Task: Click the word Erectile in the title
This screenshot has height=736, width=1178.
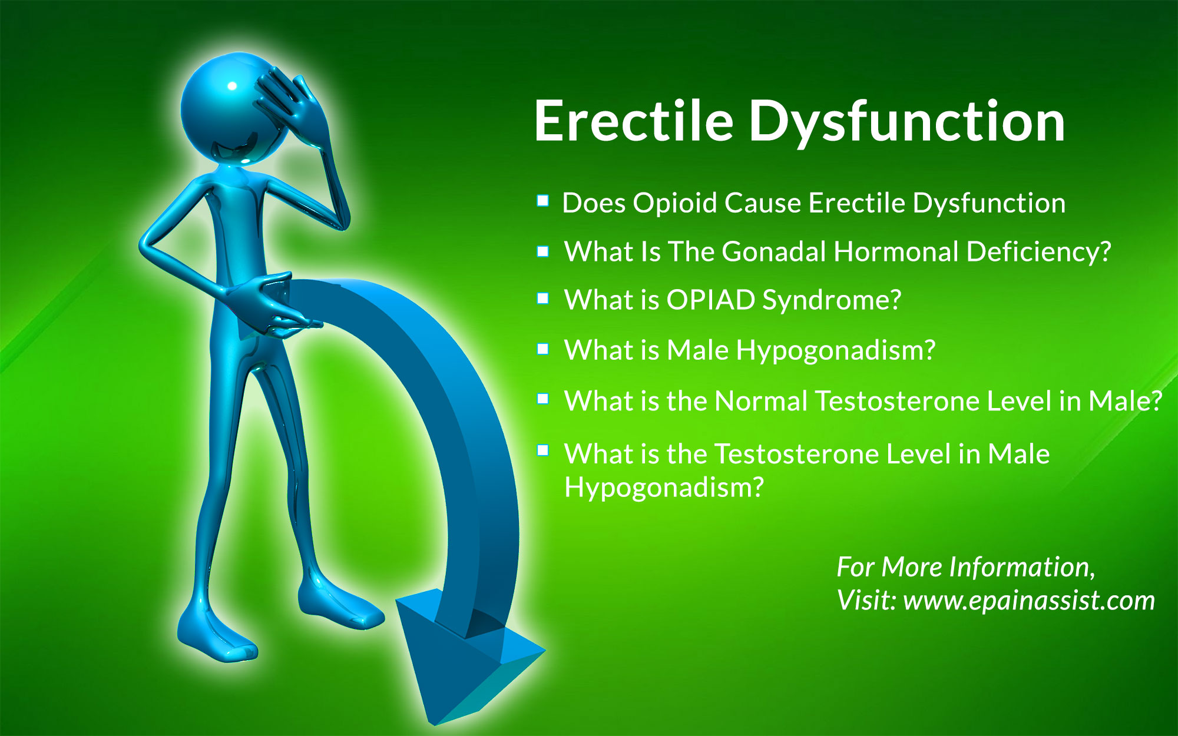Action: tap(634, 121)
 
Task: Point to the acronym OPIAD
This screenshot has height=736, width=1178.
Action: tap(711, 300)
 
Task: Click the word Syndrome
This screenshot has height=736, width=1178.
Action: tap(832, 301)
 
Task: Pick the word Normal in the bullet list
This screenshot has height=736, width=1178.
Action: tap(761, 402)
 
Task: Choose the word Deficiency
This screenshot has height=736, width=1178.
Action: tap(1038, 252)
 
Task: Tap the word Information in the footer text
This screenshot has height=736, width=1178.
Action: tap(1022, 567)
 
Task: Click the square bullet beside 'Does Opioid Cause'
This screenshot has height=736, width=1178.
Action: tap(542, 201)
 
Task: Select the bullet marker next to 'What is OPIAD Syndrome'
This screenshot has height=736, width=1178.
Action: tap(542, 299)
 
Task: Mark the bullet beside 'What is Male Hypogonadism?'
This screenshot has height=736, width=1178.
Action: tap(542, 349)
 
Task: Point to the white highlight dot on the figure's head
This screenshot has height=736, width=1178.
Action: tap(232, 86)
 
